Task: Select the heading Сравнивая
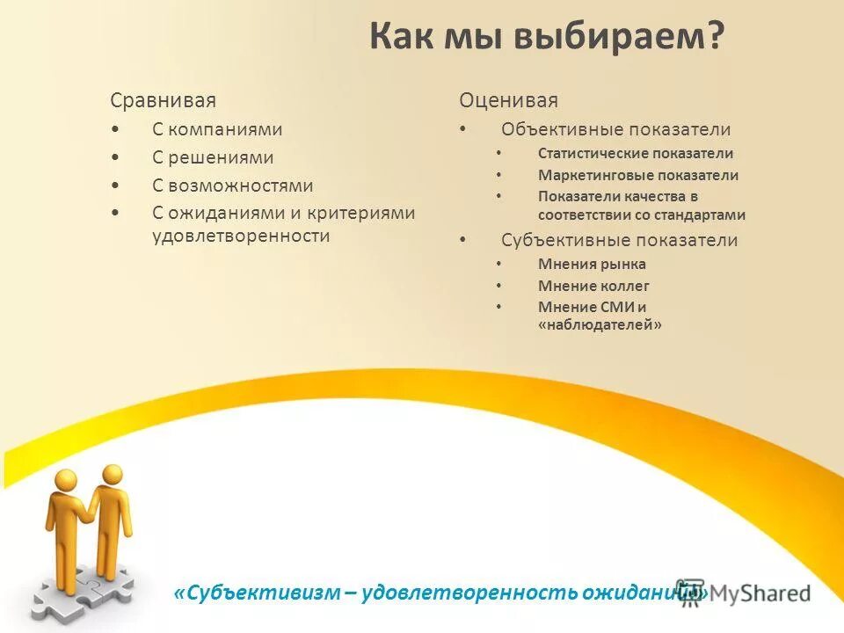pyautogui.click(x=163, y=100)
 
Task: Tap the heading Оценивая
pyautogui.click(x=508, y=100)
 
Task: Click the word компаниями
pyautogui.click(x=225, y=129)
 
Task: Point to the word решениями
pyautogui.click(x=221, y=158)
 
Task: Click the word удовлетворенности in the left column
pyautogui.click(x=241, y=236)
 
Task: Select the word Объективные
pyautogui.click(x=558, y=129)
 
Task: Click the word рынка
pyautogui.click(x=623, y=264)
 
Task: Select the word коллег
pyautogui.click(x=625, y=286)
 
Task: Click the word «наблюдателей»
pyautogui.click(x=600, y=324)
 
